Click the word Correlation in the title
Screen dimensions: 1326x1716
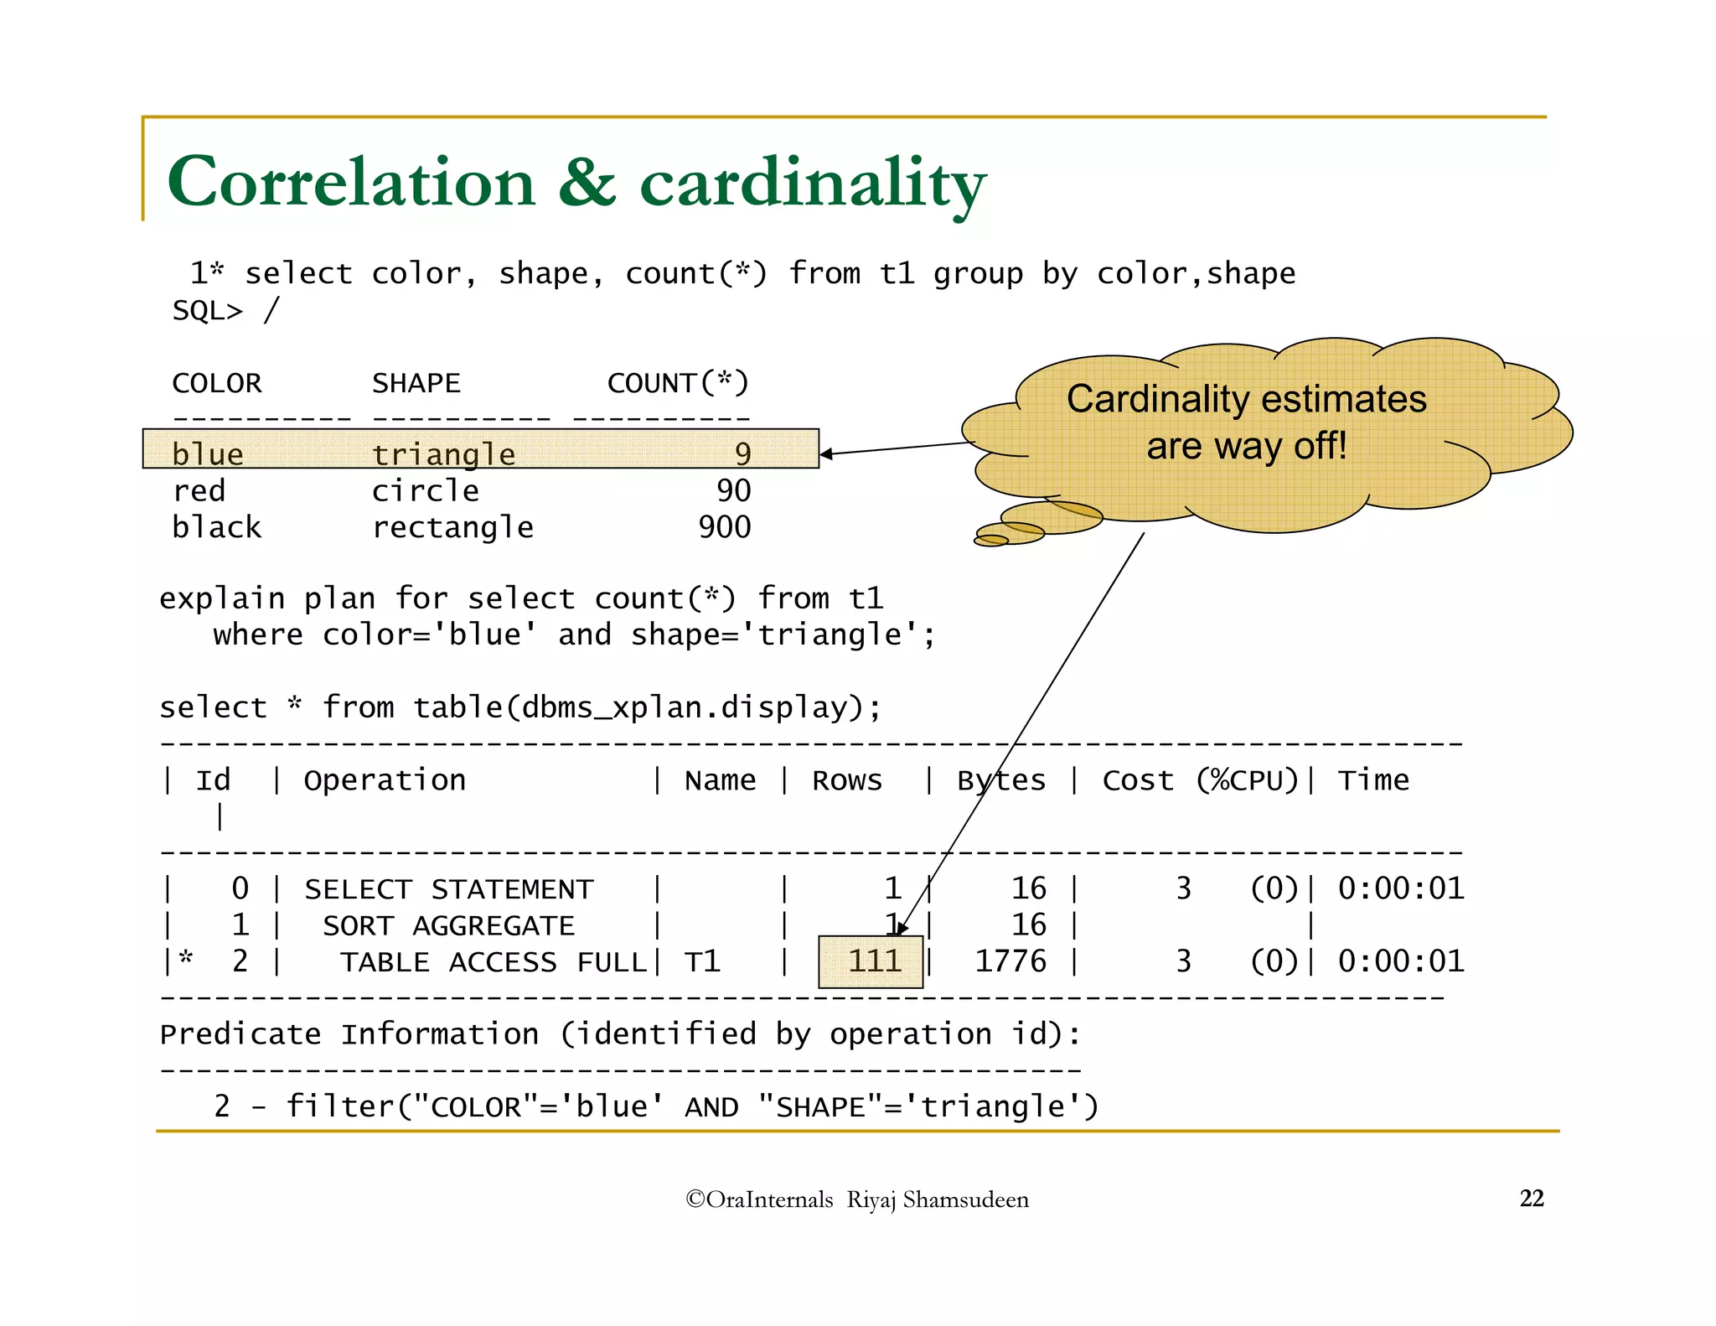click(351, 182)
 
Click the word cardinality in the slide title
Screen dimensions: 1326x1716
click(813, 184)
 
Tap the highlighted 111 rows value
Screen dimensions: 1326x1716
click(872, 961)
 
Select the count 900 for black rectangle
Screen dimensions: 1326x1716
click(725, 527)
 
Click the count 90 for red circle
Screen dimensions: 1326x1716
click(733, 490)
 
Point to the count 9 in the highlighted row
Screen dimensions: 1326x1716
click(742, 453)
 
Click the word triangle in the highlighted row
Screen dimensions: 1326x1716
click(443, 453)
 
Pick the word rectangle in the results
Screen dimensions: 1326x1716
click(452, 527)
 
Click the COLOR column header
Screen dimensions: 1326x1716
click(216, 383)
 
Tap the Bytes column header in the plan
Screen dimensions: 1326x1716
click(1001, 780)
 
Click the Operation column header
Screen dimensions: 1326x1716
click(385, 780)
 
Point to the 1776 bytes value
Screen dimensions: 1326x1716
click(1010, 961)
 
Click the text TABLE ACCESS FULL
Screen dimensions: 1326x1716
click(493, 962)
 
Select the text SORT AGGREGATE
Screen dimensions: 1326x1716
click(448, 925)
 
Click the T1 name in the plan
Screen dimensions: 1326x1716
click(702, 962)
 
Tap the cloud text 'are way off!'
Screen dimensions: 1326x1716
click(1246, 446)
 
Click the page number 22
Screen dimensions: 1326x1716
click(1531, 1199)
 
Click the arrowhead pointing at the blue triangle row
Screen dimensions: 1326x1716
click(825, 454)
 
